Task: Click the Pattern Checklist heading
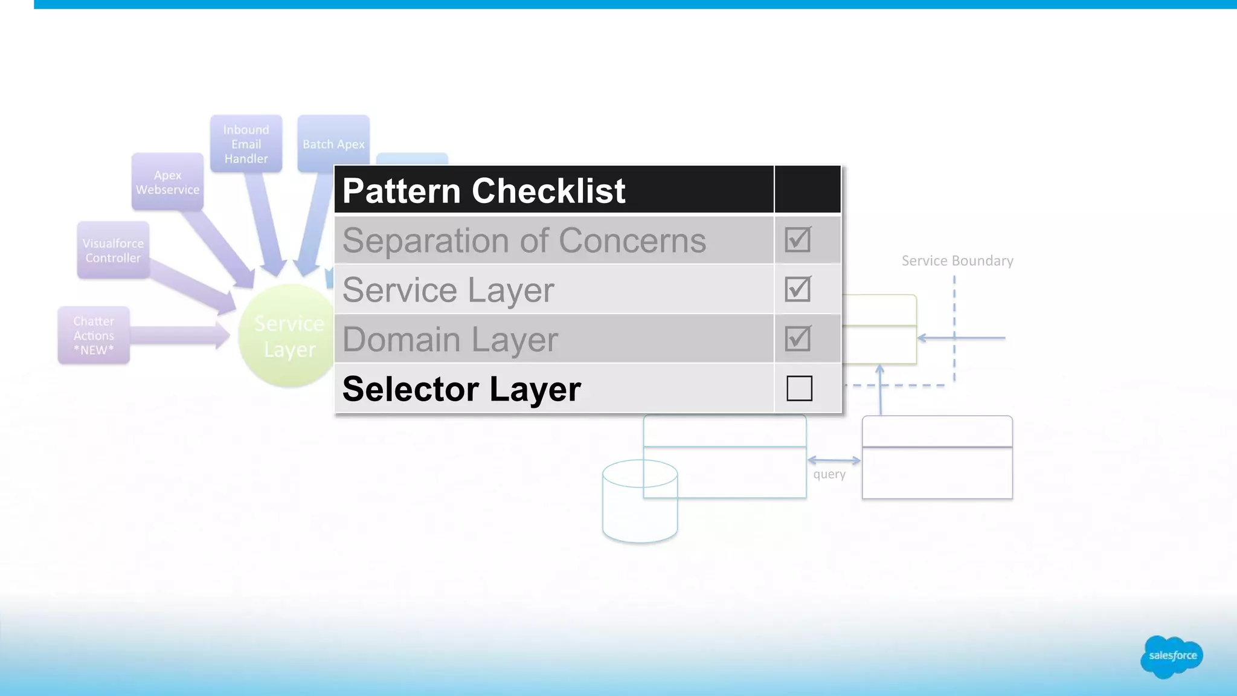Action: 483,191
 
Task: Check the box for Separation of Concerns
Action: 798,240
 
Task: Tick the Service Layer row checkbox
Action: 798,289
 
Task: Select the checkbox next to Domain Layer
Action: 798,339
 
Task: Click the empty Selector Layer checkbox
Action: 799,388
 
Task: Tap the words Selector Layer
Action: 461,388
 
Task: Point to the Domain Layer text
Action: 450,340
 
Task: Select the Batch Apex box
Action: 333,144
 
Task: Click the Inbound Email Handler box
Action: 246,144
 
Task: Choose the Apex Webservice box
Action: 167,182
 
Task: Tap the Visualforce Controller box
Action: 113,250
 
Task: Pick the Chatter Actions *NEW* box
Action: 94,335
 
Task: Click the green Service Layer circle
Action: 284,338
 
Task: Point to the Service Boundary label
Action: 957,260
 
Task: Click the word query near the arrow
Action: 829,474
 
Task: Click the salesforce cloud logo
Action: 1172,656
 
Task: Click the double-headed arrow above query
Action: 834,460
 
